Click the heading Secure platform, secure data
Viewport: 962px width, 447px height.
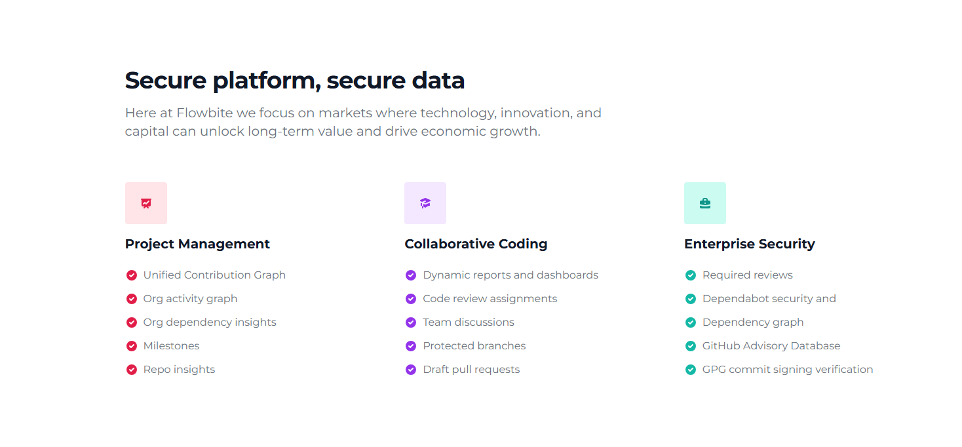(x=295, y=81)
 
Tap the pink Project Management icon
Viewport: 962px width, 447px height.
(x=146, y=203)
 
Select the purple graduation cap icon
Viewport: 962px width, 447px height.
(x=425, y=203)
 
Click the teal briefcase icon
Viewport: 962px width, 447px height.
(x=704, y=203)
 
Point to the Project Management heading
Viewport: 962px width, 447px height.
(x=197, y=244)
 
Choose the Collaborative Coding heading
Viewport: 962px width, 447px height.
(x=476, y=244)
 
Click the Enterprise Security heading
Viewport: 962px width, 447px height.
(x=750, y=244)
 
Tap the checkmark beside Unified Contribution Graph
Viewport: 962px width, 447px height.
(x=132, y=275)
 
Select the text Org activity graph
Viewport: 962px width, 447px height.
(x=190, y=298)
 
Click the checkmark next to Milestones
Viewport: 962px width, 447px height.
(x=132, y=346)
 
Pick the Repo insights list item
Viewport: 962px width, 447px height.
(x=179, y=369)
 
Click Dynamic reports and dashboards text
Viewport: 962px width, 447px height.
(x=510, y=275)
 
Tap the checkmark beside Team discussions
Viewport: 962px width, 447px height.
(x=411, y=322)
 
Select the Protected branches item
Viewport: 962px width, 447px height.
(x=474, y=345)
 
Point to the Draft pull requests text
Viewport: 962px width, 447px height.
(x=471, y=369)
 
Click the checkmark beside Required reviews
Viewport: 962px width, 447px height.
(x=691, y=275)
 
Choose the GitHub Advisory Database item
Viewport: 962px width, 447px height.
(x=771, y=345)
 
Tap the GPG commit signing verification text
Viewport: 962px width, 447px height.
(x=788, y=369)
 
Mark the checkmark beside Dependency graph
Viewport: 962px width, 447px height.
(x=691, y=322)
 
